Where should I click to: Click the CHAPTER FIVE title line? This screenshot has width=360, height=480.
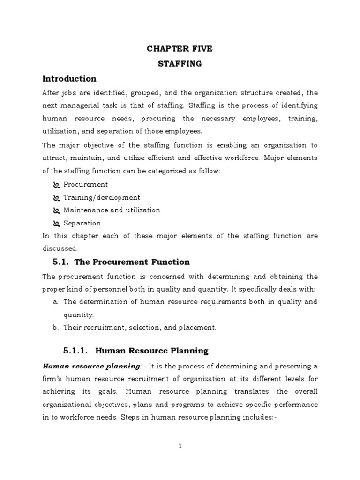point(180,48)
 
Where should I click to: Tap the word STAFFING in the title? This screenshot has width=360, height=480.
point(180,64)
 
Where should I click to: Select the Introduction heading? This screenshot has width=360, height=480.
point(69,79)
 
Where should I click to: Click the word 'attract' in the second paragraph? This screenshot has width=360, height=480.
point(54,158)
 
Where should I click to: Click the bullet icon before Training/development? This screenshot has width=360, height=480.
point(56,198)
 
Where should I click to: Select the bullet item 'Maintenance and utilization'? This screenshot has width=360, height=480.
point(112,210)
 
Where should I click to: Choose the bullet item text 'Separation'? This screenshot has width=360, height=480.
point(82,224)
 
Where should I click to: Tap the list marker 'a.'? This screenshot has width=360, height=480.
point(55,302)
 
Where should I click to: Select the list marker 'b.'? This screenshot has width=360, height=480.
point(55,328)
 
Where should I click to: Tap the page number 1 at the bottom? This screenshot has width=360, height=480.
point(180,446)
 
